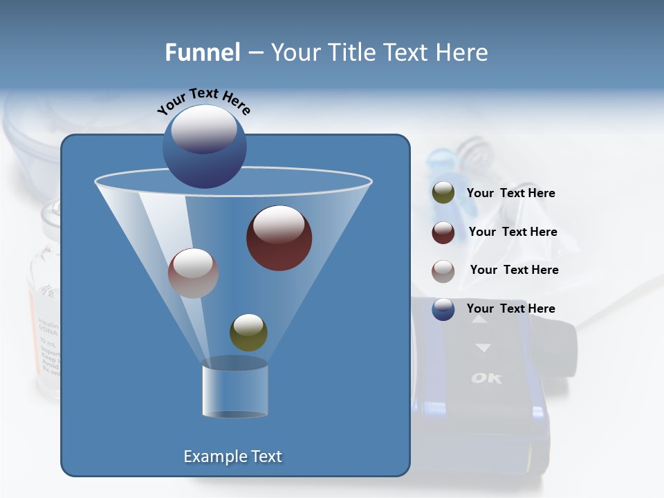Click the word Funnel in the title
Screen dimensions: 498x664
pyautogui.click(x=202, y=53)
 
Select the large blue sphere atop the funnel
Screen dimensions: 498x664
pyautogui.click(x=204, y=147)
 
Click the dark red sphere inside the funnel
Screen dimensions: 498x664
pyautogui.click(x=279, y=238)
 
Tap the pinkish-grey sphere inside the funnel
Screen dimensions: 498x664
pyautogui.click(x=193, y=273)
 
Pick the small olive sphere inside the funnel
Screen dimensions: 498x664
pyautogui.click(x=248, y=333)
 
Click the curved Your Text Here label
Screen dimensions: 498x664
pyautogui.click(x=204, y=100)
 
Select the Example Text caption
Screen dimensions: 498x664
pyautogui.click(x=232, y=456)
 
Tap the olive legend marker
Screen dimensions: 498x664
pyautogui.click(x=443, y=193)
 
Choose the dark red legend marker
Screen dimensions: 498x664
pyautogui.click(x=443, y=232)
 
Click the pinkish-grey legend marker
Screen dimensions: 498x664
pyautogui.click(x=443, y=270)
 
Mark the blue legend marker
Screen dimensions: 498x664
pyautogui.click(x=443, y=309)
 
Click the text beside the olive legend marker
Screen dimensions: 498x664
pyautogui.click(x=510, y=193)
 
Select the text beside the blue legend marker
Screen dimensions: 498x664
pyautogui.click(x=510, y=308)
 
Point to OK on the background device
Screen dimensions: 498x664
pyautogui.click(x=487, y=378)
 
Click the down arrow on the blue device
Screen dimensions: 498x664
pyautogui.click(x=483, y=348)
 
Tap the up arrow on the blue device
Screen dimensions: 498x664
pyautogui.click(x=479, y=320)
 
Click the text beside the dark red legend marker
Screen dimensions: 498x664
pyautogui.click(x=513, y=232)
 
